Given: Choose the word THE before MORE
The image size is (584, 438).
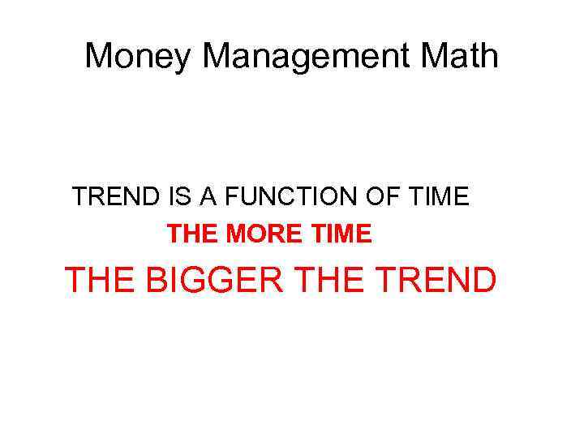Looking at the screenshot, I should (192, 235).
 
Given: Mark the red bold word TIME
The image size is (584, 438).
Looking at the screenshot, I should (339, 235).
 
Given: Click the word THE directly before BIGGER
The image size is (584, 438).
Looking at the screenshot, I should (100, 280).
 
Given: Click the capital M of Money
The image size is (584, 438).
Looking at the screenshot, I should (99, 56).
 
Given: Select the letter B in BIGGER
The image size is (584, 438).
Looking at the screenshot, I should (157, 280).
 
